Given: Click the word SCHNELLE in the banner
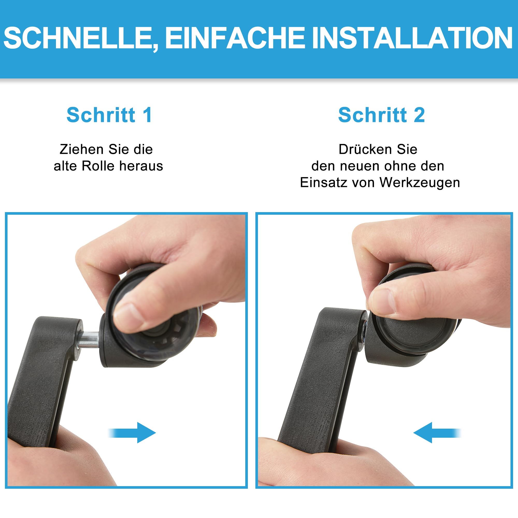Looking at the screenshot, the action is pyautogui.click(x=77, y=38).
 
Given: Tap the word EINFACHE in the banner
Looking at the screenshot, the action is pyautogui.click(x=235, y=38).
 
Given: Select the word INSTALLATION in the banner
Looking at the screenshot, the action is pyautogui.click(x=412, y=38).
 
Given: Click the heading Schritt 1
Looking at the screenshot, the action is pyautogui.click(x=109, y=115).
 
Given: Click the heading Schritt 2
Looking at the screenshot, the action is pyautogui.click(x=382, y=115).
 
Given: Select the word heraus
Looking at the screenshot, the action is pyautogui.click(x=141, y=166).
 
